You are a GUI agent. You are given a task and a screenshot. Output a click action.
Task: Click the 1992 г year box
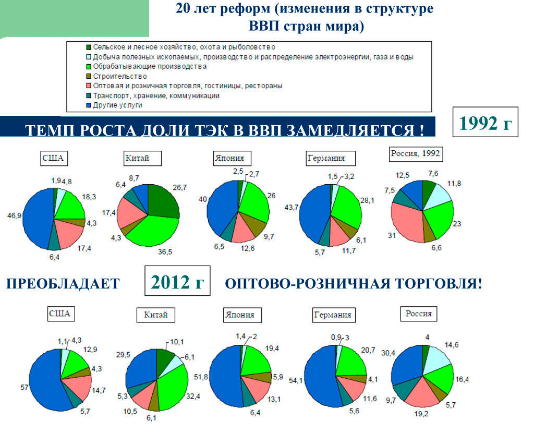[485, 123]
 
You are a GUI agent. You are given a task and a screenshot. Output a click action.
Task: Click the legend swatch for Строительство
[89, 76]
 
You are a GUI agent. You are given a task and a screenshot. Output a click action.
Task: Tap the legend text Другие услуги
[118, 105]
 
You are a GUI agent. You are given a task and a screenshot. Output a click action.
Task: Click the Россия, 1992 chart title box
[415, 154]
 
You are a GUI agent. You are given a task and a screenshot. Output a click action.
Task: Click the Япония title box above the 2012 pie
[240, 315]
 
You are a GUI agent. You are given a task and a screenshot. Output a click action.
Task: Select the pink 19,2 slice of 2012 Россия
[423, 394]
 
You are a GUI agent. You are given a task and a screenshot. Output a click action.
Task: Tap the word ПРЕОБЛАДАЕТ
[62, 284]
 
